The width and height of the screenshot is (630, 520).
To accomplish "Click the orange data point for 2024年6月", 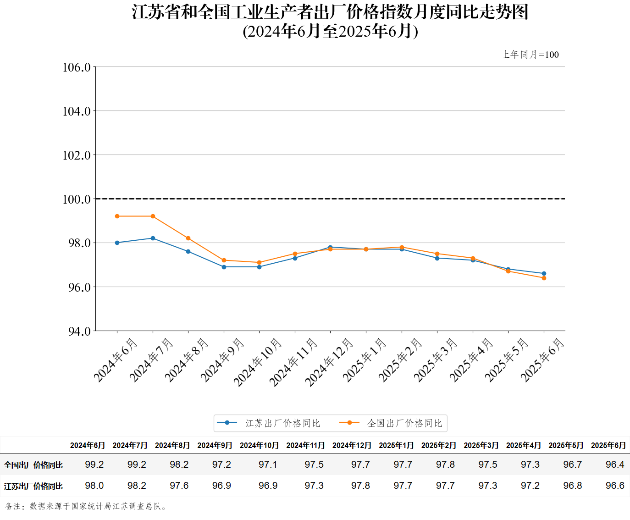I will (117, 216).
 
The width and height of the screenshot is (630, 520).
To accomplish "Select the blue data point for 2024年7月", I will (153, 238).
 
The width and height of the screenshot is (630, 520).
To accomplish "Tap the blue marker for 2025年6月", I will (544, 274).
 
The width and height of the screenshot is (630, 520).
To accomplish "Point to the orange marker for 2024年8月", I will (188, 238).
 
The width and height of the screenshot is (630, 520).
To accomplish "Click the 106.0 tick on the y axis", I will (77, 67).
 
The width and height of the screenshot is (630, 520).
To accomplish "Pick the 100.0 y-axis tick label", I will (77, 199).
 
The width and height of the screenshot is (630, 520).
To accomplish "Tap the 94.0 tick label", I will (79, 331).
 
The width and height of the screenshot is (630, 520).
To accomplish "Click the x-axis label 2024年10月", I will (257, 362).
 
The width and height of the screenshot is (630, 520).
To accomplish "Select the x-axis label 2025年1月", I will (365, 360).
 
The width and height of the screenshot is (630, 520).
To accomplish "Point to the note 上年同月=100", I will (530, 55).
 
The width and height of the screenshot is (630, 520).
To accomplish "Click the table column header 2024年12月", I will (352, 445).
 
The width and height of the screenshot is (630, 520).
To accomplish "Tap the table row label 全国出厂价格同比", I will (33, 465).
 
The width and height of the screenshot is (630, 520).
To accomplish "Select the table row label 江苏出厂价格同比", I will (33, 486).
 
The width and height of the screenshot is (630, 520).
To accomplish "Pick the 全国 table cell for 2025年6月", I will (614, 465).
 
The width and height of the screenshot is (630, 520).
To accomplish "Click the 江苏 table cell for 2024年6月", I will (94, 486).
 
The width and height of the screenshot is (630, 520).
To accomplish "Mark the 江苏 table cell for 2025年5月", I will (572, 486).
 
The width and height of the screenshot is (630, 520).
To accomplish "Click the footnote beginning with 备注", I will (86, 506).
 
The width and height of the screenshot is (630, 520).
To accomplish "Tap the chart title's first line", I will (330, 12).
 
